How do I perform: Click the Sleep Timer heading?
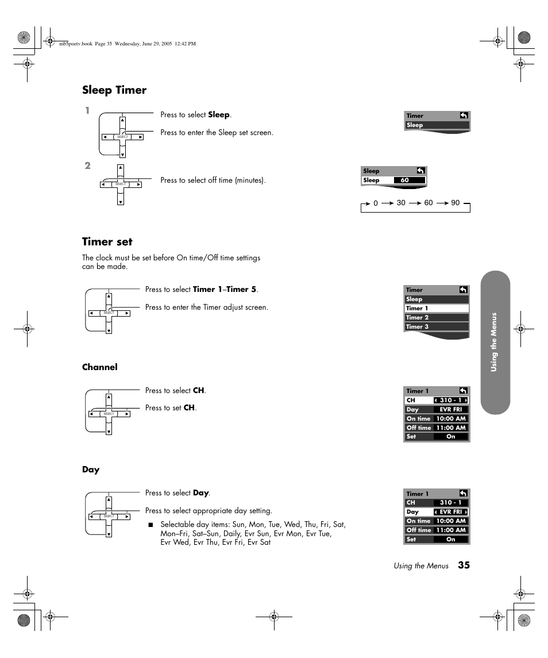pyautogui.click(x=114, y=90)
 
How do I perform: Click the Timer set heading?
pyautogui.click(x=107, y=242)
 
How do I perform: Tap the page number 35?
pyautogui.click(x=464, y=565)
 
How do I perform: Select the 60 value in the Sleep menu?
pyautogui.click(x=405, y=180)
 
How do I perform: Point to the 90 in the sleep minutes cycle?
pyautogui.click(x=456, y=203)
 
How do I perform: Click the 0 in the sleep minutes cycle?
pyautogui.click(x=376, y=203)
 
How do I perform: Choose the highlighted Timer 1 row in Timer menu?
pyautogui.click(x=437, y=309)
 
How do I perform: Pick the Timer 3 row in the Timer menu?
pyautogui.click(x=437, y=327)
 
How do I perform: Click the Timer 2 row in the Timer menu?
pyautogui.click(x=437, y=318)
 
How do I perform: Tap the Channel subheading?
pyautogui.click(x=99, y=367)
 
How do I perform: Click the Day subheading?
pyautogui.click(x=91, y=470)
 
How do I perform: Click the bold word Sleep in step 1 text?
pyautogui.click(x=218, y=115)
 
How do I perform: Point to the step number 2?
pyautogui.click(x=87, y=166)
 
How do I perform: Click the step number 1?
pyautogui.click(x=87, y=111)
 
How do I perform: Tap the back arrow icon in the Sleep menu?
pyautogui.click(x=420, y=171)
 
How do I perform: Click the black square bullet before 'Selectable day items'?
pyautogui.click(x=152, y=525)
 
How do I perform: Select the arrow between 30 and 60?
pyautogui.click(x=415, y=203)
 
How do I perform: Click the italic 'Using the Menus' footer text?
pyautogui.click(x=420, y=566)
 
